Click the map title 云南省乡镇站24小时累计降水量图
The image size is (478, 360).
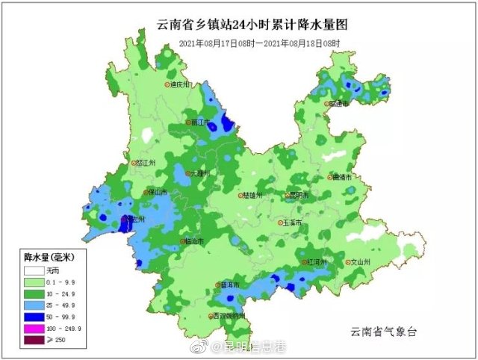pos(253,25)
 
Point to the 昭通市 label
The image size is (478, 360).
pos(340,104)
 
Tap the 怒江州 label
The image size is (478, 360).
pos(146,162)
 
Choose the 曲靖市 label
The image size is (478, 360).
pos(343,177)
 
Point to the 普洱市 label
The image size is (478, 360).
pos(229,285)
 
